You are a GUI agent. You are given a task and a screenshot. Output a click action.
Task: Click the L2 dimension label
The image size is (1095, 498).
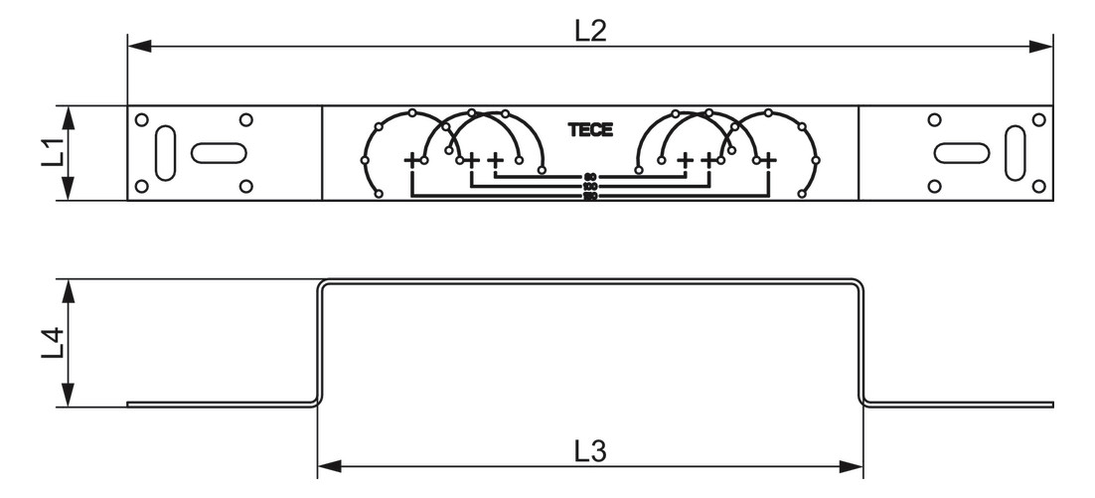590,30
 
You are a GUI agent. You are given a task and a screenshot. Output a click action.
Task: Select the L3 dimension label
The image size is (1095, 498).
590,450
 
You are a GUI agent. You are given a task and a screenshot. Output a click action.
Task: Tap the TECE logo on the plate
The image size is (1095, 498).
590,130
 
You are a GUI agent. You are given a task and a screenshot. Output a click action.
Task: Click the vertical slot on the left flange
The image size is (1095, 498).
166,153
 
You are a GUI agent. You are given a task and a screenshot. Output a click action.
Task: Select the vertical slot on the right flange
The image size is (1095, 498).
1016,153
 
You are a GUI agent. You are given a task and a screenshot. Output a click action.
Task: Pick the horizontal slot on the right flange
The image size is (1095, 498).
962,153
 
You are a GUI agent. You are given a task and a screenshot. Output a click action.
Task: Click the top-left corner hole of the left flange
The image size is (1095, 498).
142,120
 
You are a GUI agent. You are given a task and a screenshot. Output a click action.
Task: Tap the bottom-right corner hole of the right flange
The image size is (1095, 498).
1038,186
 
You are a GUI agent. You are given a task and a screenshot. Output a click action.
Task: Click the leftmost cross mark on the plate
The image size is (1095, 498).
411,159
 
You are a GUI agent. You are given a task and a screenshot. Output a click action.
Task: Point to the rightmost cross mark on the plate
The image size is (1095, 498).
769,159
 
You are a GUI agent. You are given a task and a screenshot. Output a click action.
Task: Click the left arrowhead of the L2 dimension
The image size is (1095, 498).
137,45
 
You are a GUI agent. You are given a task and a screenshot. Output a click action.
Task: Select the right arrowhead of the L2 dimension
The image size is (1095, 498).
1044,45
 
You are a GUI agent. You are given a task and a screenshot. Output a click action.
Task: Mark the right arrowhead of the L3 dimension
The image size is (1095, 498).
854,465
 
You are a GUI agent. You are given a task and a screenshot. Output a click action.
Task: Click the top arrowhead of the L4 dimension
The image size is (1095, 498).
69,289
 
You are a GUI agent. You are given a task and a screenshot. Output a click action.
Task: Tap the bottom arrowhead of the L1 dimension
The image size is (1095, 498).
69,191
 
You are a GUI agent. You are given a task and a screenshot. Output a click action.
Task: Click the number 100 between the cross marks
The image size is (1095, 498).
590,186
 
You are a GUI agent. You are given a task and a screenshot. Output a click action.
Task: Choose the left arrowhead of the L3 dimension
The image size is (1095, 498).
328,465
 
